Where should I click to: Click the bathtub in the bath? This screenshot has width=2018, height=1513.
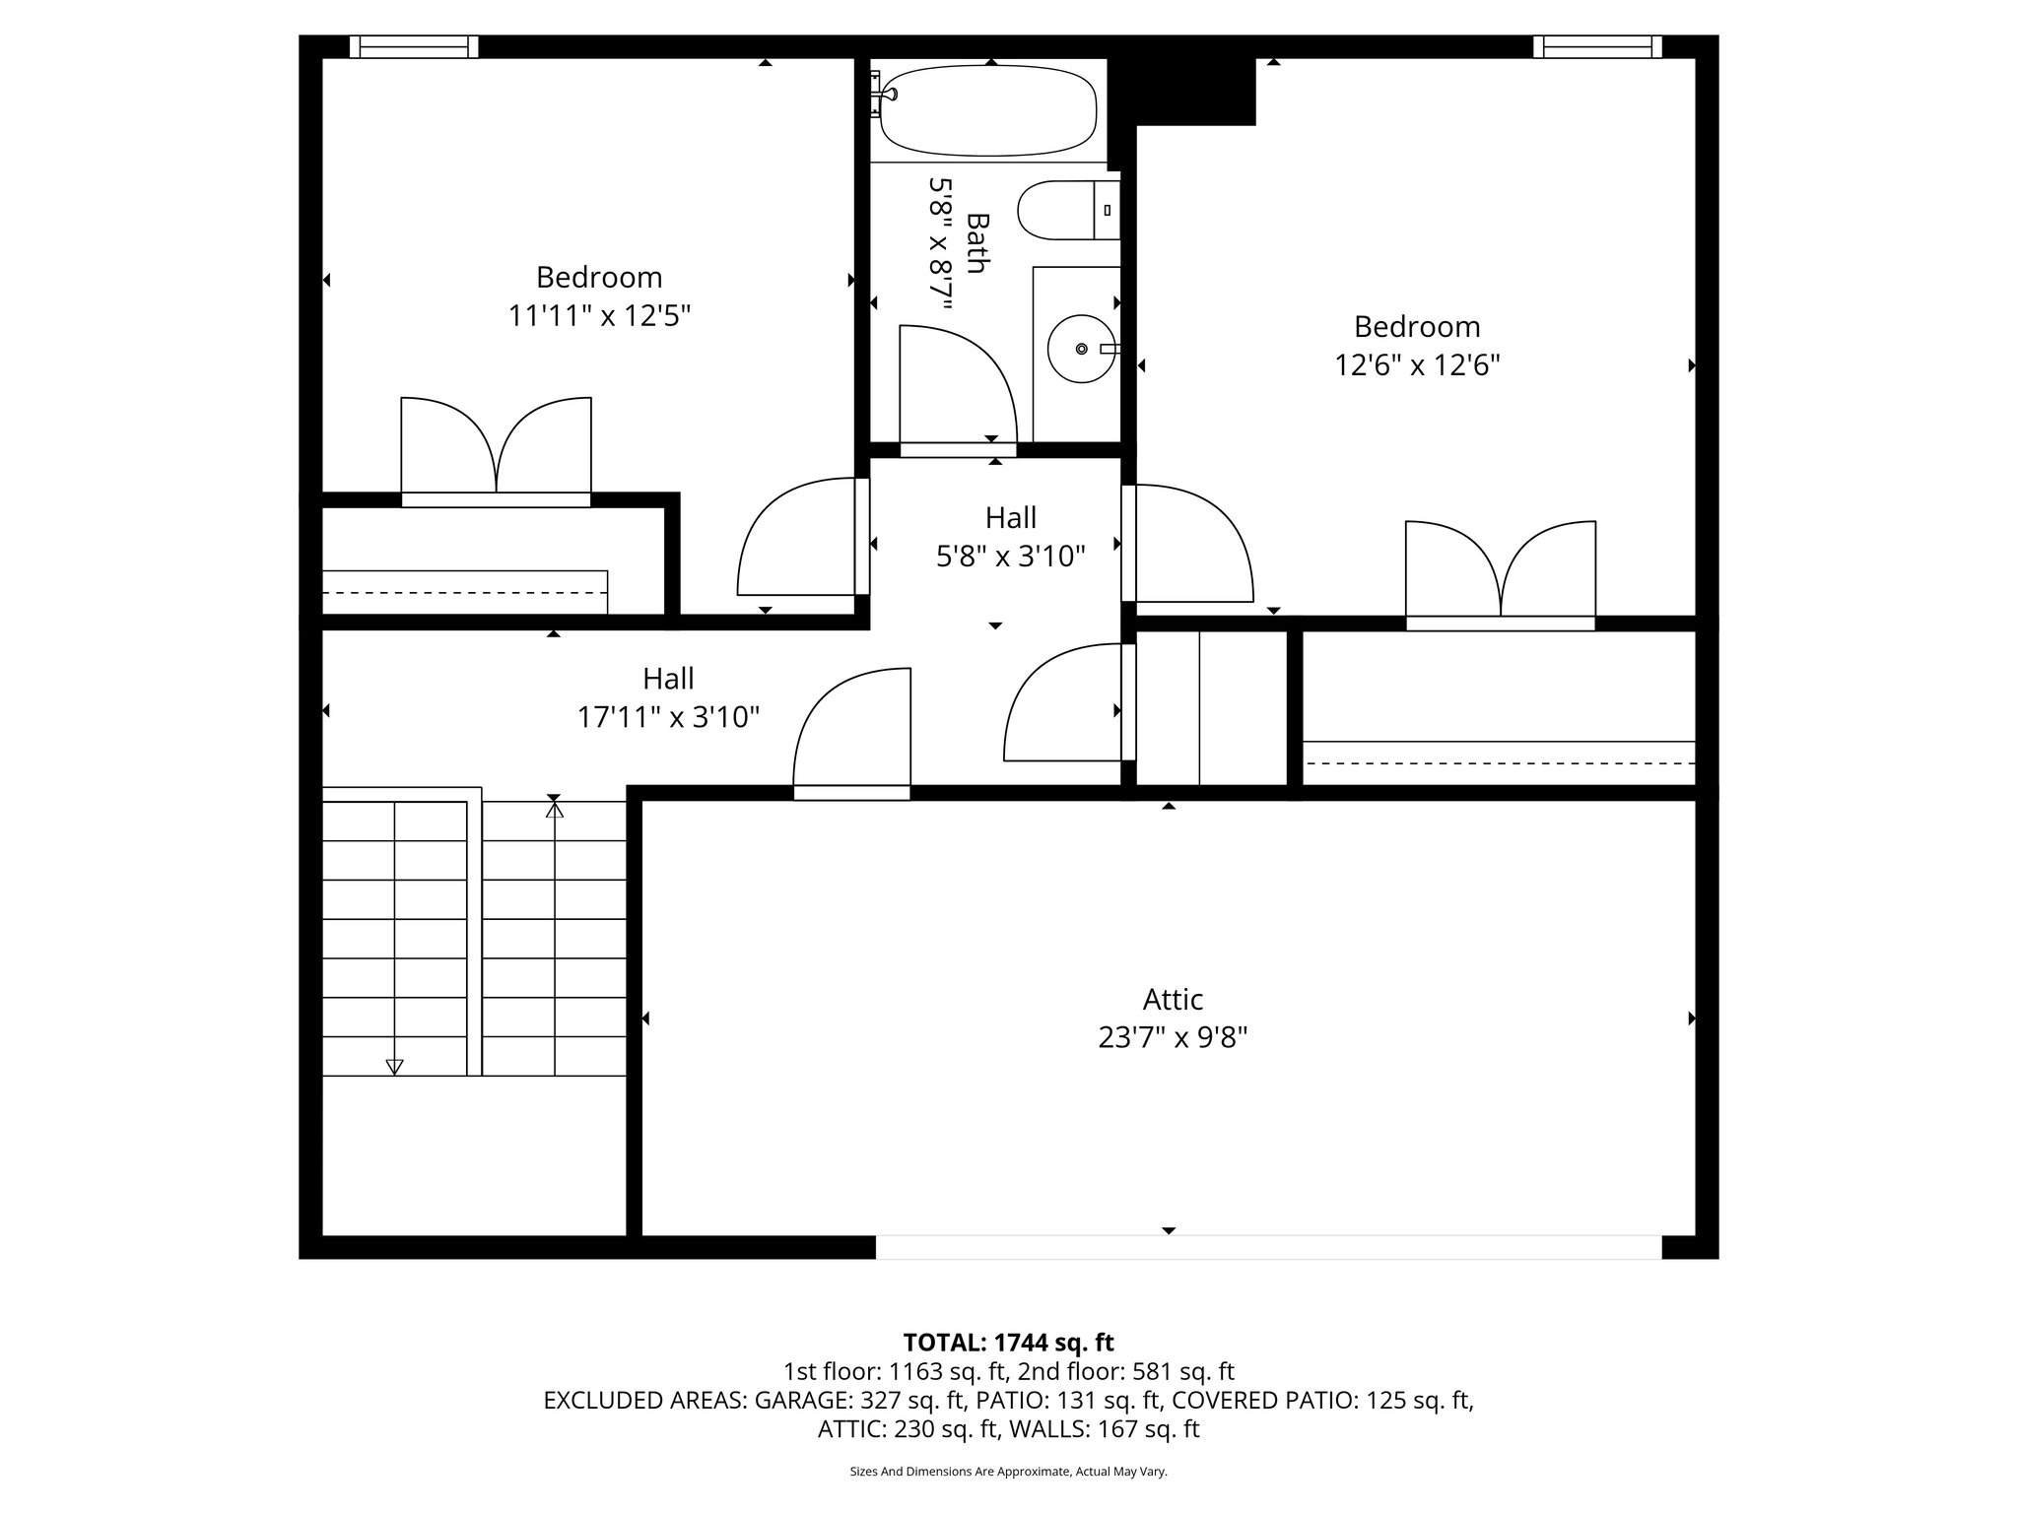tap(987, 110)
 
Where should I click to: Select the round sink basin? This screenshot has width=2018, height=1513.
tap(1081, 349)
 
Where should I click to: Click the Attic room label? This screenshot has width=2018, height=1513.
tap(1173, 1000)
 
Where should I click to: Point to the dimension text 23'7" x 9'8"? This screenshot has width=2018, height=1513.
tap(1173, 1038)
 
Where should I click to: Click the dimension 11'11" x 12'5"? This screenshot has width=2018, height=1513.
tap(599, 316)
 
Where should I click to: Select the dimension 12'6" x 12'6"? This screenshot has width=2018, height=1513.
tap(1417, 365)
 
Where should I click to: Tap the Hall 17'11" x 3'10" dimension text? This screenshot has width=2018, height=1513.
tap(668, 717)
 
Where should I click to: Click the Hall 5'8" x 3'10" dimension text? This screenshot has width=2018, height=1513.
tap(1010, 557)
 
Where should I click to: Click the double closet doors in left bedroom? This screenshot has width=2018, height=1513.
tap(496, 448)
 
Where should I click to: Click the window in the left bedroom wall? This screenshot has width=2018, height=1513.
tap(414, 46)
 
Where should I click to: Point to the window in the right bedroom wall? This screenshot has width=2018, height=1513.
tap(1596, 46)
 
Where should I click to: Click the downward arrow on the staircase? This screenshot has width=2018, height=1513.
tap(394, 1066)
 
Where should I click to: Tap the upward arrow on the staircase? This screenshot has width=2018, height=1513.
tap(555, 811)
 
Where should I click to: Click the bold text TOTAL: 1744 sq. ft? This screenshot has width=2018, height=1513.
tap(1008, 1342)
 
